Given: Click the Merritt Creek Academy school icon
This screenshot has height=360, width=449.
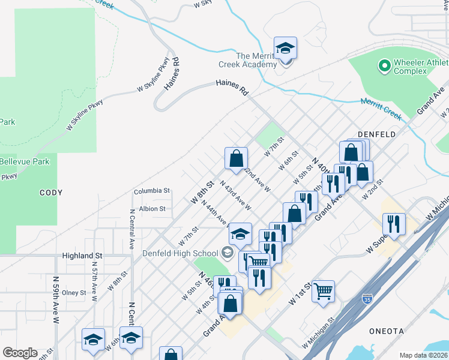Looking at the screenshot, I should coord(285,48).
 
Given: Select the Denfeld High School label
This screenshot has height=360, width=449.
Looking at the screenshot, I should coord(180,253).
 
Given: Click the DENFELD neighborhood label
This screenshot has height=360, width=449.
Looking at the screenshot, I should coord(376,134).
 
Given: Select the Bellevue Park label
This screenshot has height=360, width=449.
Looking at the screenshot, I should coord(25,162).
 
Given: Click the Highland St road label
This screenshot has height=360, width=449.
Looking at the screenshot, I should coord(82,256).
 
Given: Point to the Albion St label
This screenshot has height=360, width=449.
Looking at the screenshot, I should coord(152,209).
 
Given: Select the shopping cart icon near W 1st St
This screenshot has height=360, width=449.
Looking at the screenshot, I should coord(323,292).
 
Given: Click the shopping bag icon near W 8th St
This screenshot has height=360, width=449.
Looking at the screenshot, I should coord(237,158).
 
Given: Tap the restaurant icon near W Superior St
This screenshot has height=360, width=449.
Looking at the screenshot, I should coord(393,224).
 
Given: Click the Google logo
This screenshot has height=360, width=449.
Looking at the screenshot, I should coord(20,353).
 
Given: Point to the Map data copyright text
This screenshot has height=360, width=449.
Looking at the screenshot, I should coord(423,355).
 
